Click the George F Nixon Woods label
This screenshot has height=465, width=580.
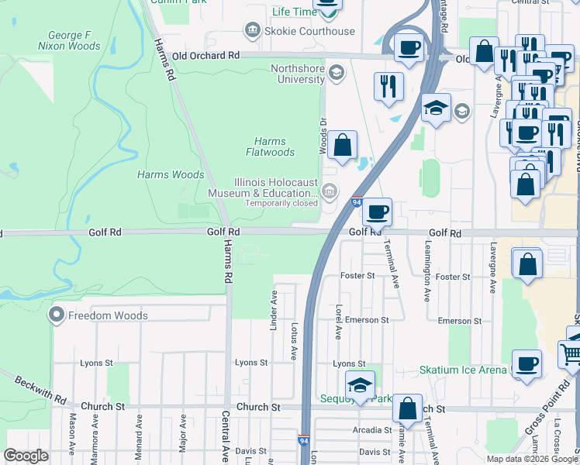pyautogui.click(x=74, y=41)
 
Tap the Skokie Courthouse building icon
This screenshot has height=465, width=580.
pyautogui.click(x=253, y=31)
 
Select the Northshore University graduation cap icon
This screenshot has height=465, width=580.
pyautogui.click(x=336, y=74)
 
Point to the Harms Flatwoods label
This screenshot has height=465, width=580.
pyautogui.click(x=270, y=147)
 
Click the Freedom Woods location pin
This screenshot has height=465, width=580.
pyautogui.click(x=56, y=315)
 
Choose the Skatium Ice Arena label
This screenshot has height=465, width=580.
pyautogui.click(x=463, y=370)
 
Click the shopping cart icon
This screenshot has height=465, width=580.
pyautogui.click(x=571, y=354)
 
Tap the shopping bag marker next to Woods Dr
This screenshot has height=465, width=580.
pyautogui.click(x=342, y=144)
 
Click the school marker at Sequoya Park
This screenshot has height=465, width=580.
pyautogui.click(x=361, y=385)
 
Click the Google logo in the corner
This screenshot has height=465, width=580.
pyautogui.click(x=26, y=455)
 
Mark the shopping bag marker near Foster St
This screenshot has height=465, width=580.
pyautogui.click(x=526, y=263)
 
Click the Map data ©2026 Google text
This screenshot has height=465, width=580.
pyautogui.click(x=532, y=459)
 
